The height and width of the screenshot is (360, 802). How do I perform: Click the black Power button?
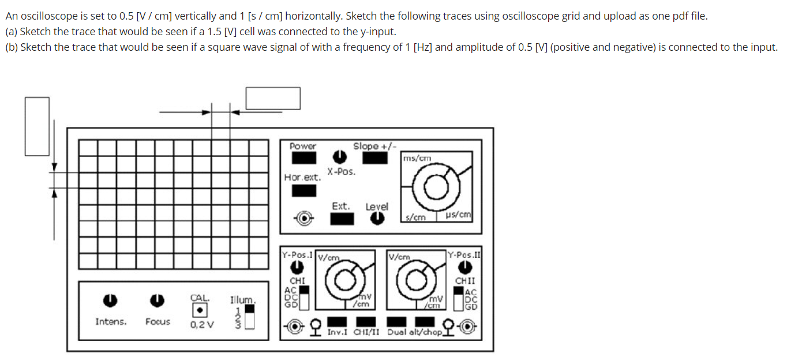[303, 157]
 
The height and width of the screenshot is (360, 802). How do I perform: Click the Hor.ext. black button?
[303, 190]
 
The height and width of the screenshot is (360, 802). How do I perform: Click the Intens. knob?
[110, 300]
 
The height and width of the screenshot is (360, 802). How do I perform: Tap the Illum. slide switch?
[249, 317]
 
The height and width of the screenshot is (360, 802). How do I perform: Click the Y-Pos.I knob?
[297, 268]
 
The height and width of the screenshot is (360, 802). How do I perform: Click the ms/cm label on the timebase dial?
[417, 158]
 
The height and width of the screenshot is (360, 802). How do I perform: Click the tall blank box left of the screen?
[37, 126]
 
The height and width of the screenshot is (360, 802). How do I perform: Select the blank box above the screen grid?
[273, 98]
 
